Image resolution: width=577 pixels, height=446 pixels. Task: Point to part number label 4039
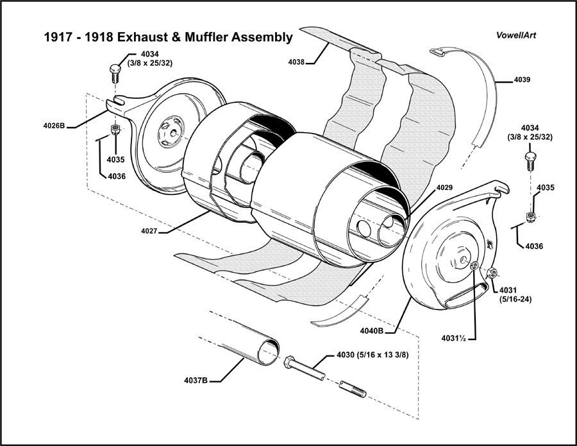[522, 80]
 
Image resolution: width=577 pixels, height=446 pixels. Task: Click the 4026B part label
[54, 126]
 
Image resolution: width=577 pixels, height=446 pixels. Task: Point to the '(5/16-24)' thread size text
[517, 300]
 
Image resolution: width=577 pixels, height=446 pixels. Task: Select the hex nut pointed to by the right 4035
[530, 216]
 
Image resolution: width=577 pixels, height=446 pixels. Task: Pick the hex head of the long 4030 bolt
[289, 363]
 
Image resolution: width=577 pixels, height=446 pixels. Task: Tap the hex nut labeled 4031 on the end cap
[492, 273]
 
